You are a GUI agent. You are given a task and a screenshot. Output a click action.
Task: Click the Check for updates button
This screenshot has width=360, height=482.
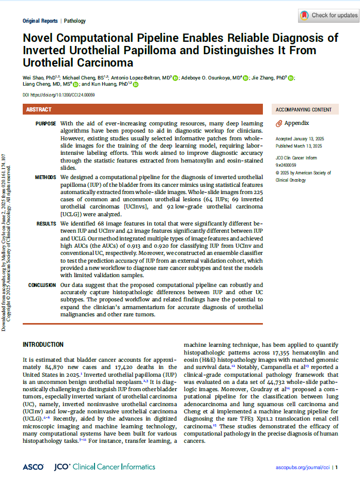(x=328, y=15)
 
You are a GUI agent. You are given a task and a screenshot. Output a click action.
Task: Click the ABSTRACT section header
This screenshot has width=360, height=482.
(x=39, y=109)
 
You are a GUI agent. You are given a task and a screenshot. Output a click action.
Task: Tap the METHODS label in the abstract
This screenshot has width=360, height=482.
(x=45, y=178)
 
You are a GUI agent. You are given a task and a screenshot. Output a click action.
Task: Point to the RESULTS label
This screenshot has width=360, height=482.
(x=46, y=224)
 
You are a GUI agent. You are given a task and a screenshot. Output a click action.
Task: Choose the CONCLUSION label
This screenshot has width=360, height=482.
(x=42, y=285)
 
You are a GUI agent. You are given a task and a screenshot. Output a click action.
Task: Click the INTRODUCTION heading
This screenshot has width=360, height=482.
(x=43, y=345)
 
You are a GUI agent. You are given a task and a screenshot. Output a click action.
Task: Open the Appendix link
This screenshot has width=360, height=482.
(x=296, y=123)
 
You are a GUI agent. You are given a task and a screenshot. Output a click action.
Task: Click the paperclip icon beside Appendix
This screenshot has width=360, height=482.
(x=279, y=123)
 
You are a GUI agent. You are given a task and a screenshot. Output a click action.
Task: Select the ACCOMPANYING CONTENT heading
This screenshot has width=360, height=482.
(x=304, y=109)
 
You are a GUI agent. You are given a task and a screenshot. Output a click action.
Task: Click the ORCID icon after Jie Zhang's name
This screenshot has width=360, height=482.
(x=291, y=78)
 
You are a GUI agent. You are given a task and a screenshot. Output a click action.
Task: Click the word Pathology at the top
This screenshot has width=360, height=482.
(x=75, y=21)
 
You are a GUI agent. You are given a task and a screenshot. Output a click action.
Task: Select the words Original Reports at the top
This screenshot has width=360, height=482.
(x=40, y=21)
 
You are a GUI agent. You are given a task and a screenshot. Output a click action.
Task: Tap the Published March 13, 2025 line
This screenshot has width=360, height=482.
(x=299, y=146)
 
